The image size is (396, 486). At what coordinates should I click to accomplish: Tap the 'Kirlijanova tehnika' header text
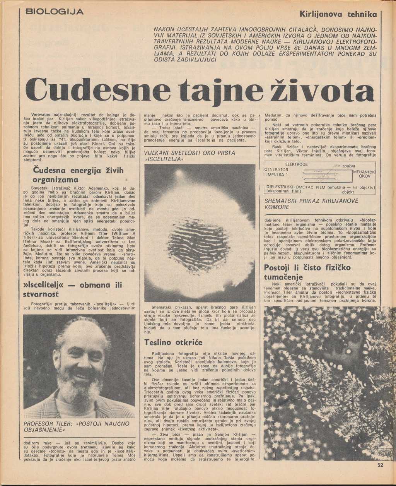click(338, 14)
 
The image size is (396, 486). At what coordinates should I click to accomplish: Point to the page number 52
click(380, 465)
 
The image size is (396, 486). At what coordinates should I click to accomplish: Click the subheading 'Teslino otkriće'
click(173, 342)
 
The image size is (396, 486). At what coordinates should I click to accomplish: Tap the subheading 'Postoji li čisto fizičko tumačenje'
click(307, 272)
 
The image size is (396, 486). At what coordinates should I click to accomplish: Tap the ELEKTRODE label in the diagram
click(296, 164)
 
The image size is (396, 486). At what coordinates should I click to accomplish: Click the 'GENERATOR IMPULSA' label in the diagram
click(276, 172)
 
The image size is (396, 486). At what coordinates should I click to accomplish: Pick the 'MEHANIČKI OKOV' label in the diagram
click(364, 174)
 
